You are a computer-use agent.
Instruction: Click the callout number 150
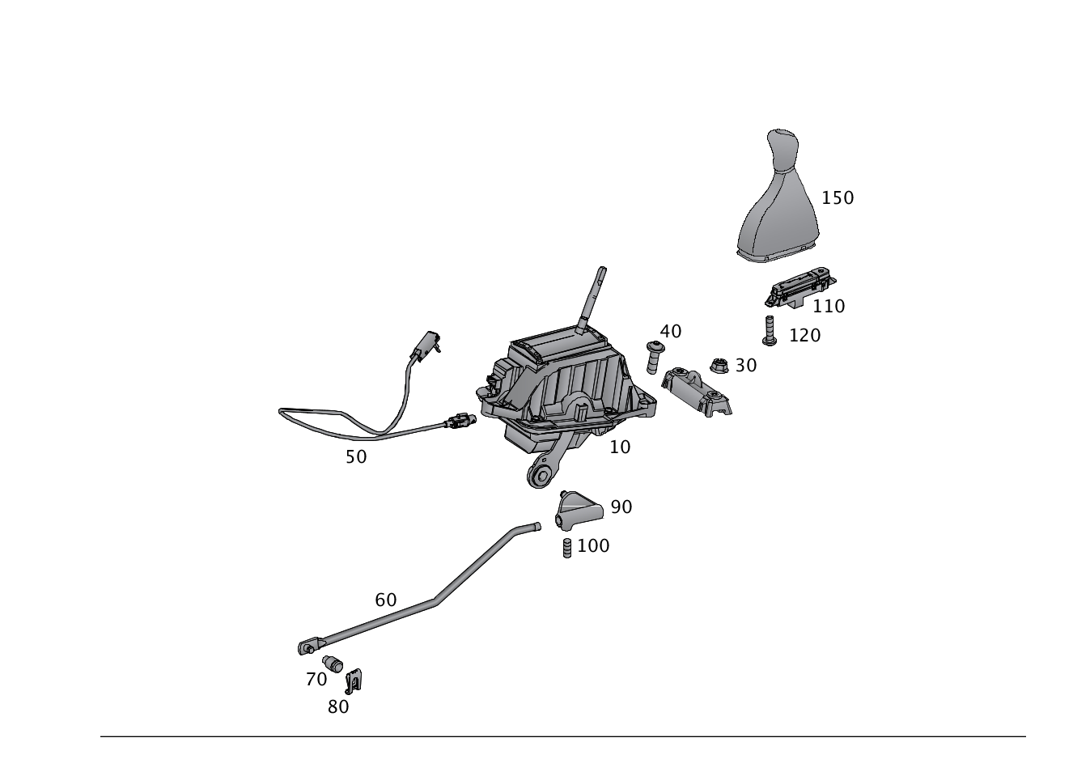pyautogui.click(x=838, y=197)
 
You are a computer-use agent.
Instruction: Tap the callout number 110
pyautogui.click(x=829, y=306)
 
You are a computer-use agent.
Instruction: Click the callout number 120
pyautogui.click(x=804, y=335)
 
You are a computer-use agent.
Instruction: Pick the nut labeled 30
pyautogui.click(x=719, y=367)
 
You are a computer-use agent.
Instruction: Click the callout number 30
pyautogui.click(x=745, y=366)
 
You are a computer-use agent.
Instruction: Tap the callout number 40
pyautogui.click(x=671, y=331)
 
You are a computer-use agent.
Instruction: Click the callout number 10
pyautogui.click(x=620, y=447)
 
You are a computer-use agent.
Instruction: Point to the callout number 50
pyautogui.click(x=355, y=456)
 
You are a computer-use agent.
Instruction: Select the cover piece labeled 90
pyautogui.click(x=578, y=510)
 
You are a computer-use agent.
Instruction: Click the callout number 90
pyautogui.click(x=621, y=507)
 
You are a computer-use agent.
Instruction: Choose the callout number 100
pyautogui.click(x=593, y=546)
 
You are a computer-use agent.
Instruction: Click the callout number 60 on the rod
pyautogui.click(x=386, y=600)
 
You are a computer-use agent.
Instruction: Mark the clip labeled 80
pyautogui.click(x=354, y=681)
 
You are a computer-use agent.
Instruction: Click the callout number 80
pyautogui.click(x=338, y=706)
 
